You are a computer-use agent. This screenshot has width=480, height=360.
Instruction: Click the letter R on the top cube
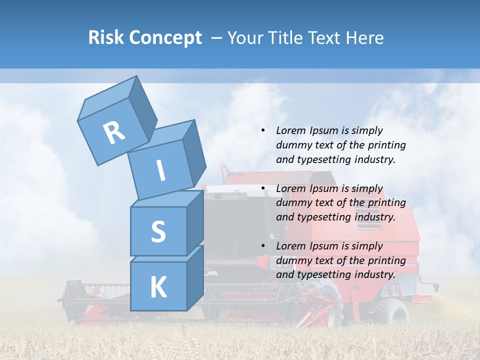(114, 132)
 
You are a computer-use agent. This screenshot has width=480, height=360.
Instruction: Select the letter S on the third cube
(158, 231)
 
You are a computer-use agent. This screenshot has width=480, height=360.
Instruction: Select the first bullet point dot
(262, 130)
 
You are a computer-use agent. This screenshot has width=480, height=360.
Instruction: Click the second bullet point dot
(262, 188)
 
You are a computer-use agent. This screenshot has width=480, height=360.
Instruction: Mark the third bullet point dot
(262, 246)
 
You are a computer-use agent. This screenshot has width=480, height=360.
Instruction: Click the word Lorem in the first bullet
(290, 130)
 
